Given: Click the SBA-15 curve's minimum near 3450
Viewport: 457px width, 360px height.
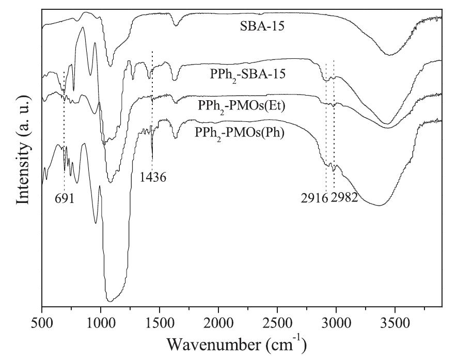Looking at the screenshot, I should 389,55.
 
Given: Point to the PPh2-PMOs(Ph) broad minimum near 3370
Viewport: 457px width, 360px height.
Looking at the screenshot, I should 380,205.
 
